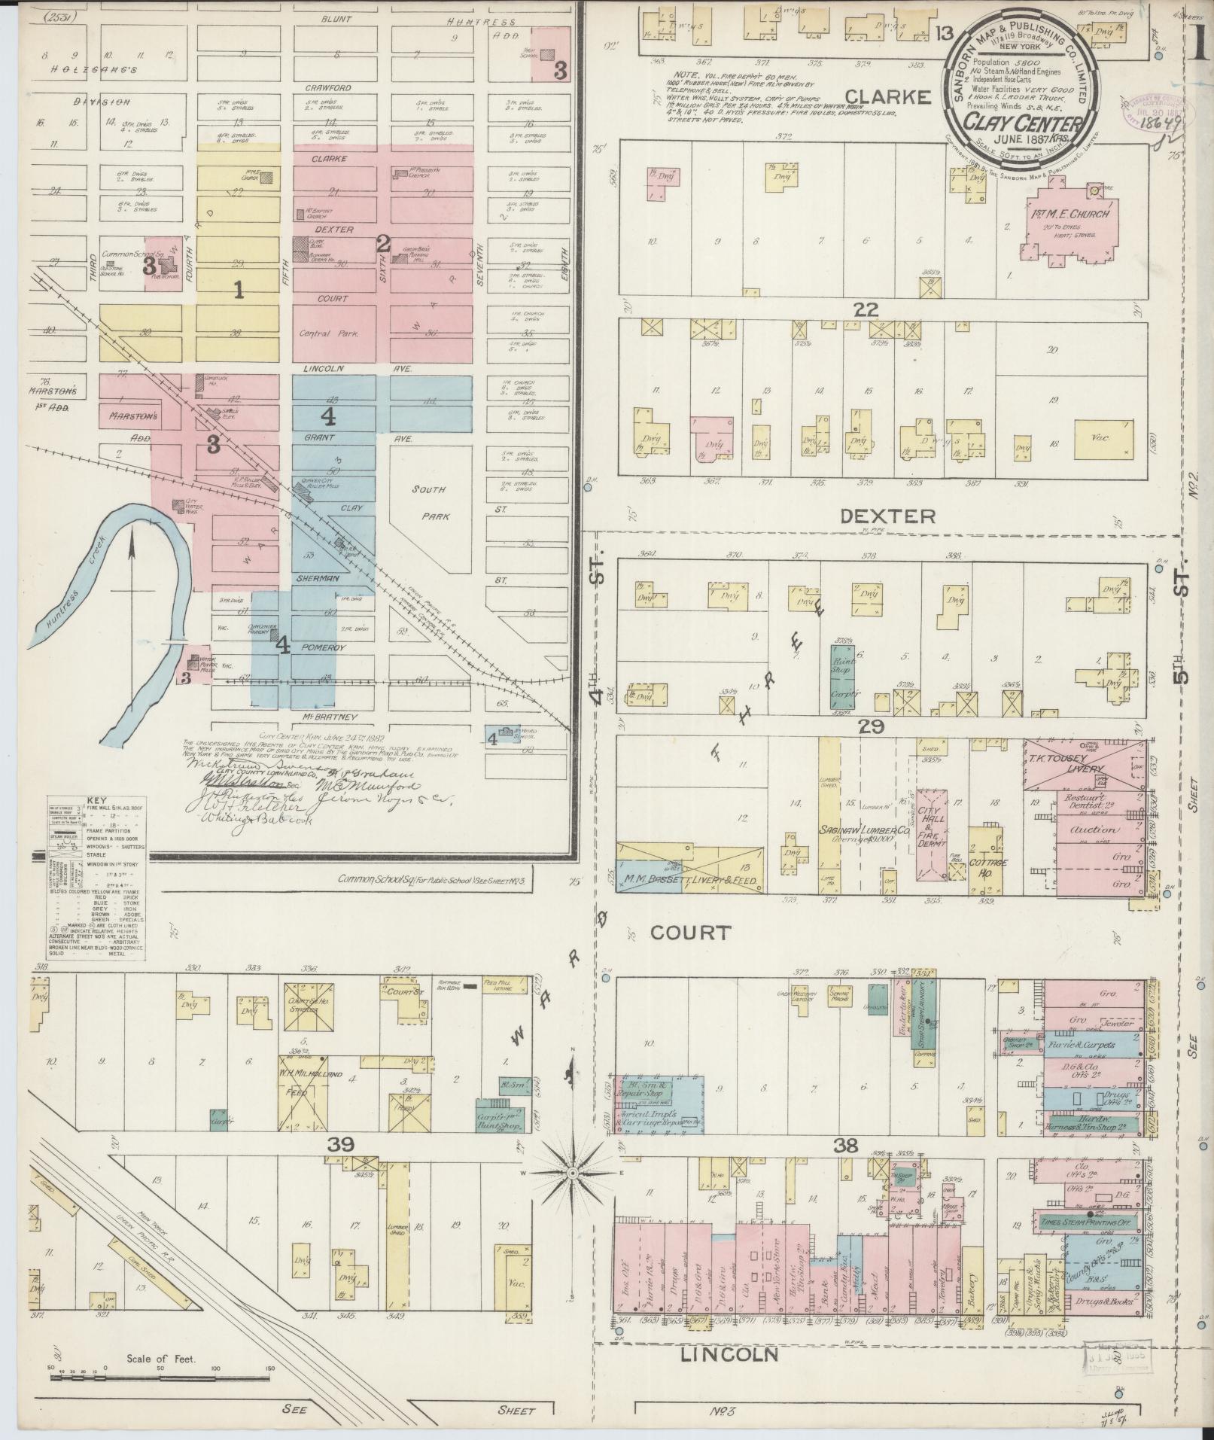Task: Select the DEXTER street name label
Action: [x=887, y=516]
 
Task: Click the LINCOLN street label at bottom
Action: [x=729, y=1354]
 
